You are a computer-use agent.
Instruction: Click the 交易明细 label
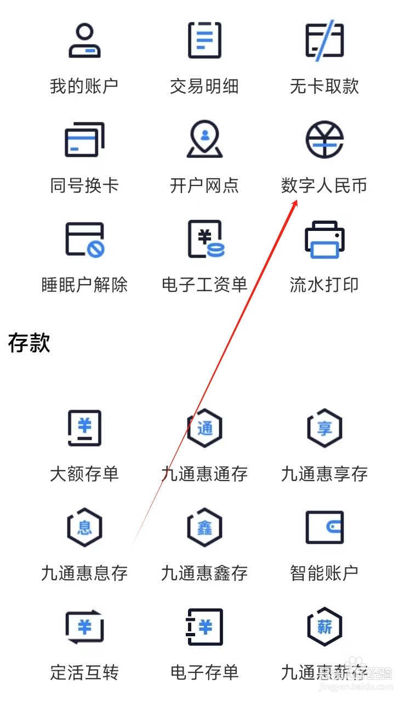pos(204,86)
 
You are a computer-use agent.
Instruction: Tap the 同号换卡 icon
pos(84,139)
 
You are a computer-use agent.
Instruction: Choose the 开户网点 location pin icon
pos(204,139)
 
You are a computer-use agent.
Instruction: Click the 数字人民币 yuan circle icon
pos(324,139)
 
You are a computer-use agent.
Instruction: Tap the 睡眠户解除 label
pos(84,285)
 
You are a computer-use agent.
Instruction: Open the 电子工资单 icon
pos(205,239)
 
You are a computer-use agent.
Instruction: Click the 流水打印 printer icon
pos(324,239)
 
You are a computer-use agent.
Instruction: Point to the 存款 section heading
pos(29,343)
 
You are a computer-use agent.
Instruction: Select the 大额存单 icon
pos(84,428)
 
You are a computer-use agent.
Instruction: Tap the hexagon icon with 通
pos(204,428)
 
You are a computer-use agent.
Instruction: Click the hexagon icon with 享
pos(324,428)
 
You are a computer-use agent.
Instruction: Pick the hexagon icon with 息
pos(84,527)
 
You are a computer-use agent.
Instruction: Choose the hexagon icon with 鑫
pos(204,527)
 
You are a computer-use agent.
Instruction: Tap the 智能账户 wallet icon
pos(324,527)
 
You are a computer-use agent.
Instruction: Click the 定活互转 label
pos(84,672)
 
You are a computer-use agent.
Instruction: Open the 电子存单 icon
pos(205,626)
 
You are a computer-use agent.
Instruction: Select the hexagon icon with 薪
pos(324,626)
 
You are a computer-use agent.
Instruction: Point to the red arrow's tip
pos(297,200)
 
